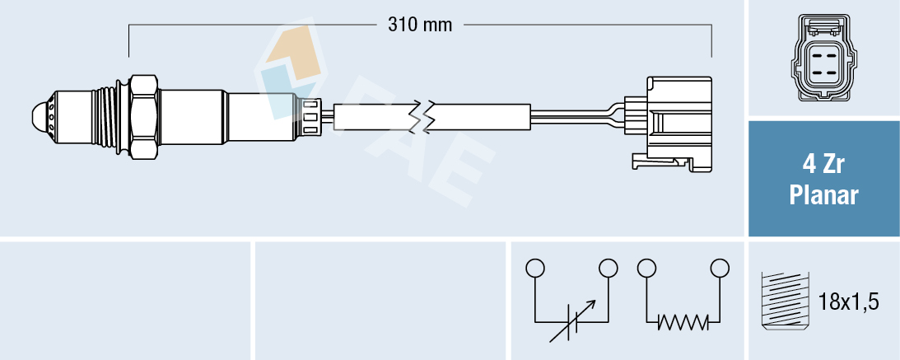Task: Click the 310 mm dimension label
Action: point(420,25)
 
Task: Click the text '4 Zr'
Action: point(823,165)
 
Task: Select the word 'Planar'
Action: point(823,196)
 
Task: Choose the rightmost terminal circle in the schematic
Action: point(720,268)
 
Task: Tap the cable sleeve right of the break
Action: point(482,116)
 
